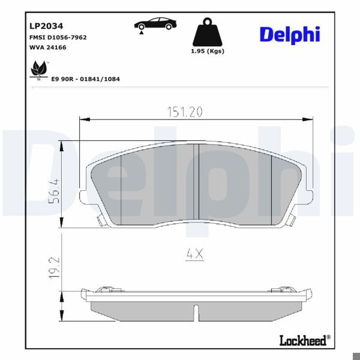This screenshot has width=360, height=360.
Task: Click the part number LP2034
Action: click(43, 26)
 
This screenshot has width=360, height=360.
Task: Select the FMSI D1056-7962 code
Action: click(58, 37)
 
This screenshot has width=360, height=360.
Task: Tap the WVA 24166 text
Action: click(48, 47)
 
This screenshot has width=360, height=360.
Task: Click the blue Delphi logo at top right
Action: click(290, 34)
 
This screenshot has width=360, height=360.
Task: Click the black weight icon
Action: click(206, 34)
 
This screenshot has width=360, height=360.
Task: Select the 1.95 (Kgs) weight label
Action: click(206, 52)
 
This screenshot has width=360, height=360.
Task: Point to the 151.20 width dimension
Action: click(184, 111)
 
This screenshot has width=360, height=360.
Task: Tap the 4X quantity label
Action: click(194, 254)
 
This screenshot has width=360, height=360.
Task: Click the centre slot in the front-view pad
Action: click(195, 187)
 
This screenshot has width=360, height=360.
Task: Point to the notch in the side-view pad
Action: click(195, 311)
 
